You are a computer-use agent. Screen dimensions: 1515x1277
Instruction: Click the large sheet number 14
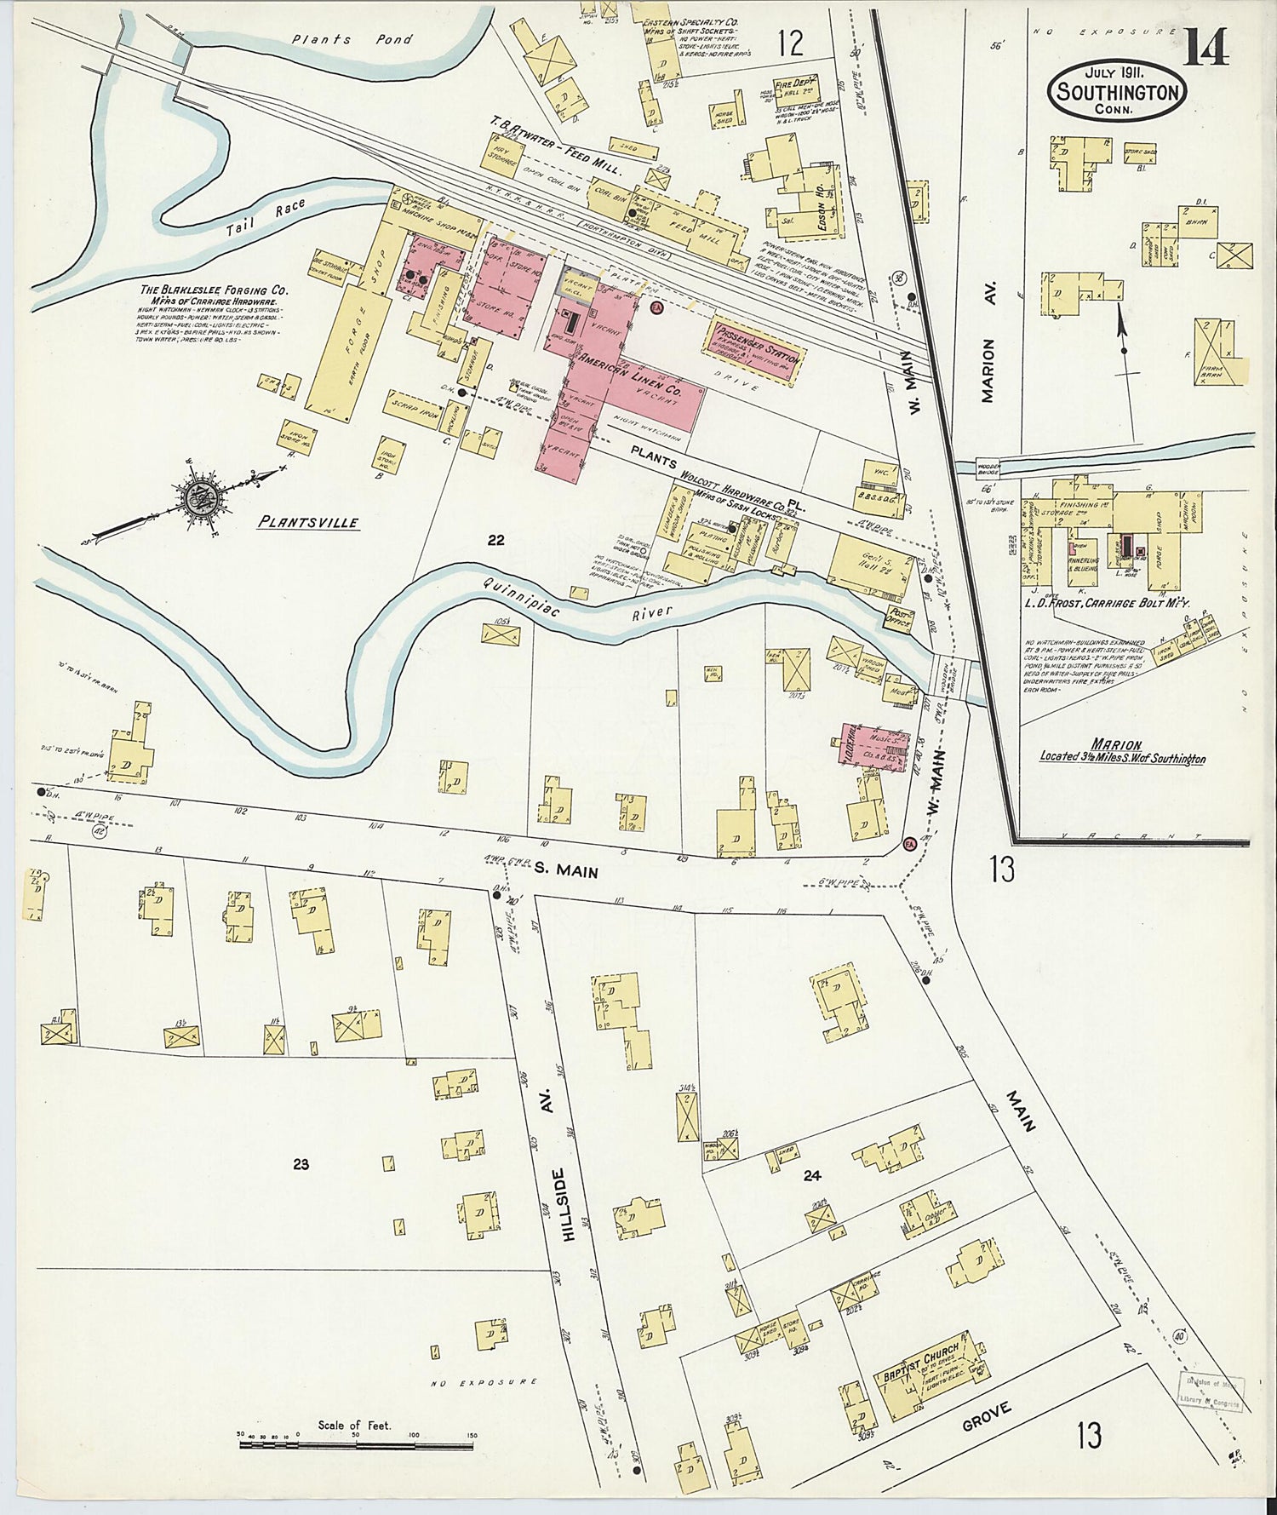click(x=1205, y=48)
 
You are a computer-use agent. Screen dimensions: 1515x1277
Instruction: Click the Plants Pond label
click(x=352, y=39)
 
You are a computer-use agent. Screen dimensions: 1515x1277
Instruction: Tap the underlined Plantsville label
click(x=308, y=523)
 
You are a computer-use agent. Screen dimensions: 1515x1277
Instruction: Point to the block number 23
click(x=301, y=1164)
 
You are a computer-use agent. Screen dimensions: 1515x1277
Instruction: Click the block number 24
click(x=811, y=1175)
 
